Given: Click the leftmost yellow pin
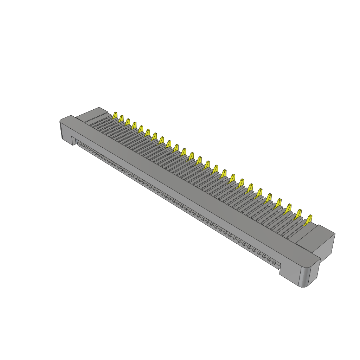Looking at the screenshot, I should (115, 115).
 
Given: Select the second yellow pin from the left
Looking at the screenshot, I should (121, 118).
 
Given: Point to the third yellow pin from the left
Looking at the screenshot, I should (128, 122).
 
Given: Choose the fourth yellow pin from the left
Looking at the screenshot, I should (134, 125).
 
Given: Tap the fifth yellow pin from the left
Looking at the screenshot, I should (141, 129).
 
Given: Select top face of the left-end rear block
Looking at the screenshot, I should (92, 114).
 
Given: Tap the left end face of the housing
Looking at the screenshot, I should (66, 131).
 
